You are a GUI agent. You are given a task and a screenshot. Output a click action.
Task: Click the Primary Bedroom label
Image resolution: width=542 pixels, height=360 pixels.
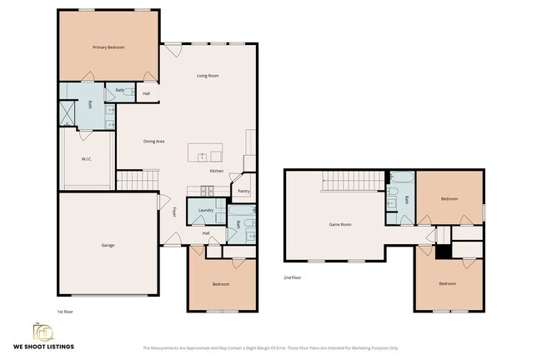(108, 47)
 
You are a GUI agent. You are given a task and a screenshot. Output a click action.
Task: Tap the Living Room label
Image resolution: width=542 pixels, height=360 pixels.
(208, 76)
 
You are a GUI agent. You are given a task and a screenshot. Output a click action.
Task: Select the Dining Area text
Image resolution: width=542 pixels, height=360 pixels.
(153, 141)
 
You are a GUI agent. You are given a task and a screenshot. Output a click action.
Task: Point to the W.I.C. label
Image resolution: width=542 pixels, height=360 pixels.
(86, 158)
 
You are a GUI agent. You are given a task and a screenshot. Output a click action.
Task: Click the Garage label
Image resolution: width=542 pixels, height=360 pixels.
(108, 245)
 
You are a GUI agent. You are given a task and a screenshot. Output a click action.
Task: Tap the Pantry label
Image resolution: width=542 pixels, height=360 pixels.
(243, 191)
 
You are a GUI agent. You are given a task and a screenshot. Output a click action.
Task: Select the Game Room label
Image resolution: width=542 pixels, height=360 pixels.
(340, 224)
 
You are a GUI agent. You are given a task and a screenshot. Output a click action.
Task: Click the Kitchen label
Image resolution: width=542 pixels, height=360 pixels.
(217, 172)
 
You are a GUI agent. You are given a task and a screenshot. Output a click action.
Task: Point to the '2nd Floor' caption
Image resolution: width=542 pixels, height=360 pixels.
(291, 277)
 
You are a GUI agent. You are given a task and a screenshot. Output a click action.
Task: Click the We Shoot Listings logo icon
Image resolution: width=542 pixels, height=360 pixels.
(42, 331)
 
